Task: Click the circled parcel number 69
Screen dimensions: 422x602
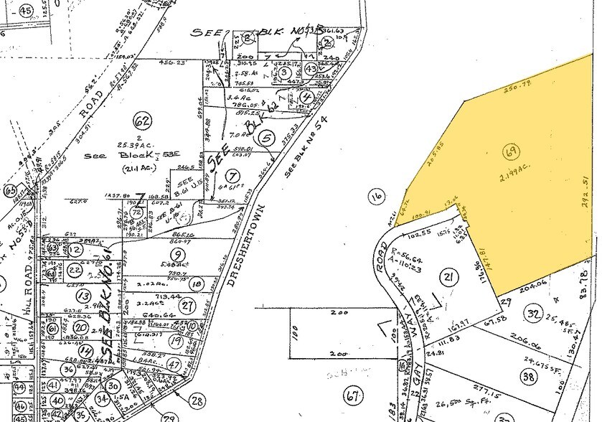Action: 512,151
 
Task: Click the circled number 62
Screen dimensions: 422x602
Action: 143,121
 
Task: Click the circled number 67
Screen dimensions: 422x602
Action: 352,393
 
